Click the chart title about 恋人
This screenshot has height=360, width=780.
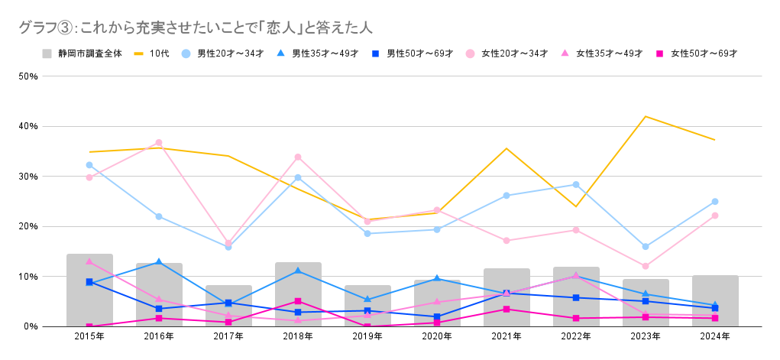point(196,28)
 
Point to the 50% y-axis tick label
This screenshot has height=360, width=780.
point(28,76)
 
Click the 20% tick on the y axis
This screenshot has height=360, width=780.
point(28,226)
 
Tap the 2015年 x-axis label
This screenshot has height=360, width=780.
point(89,336)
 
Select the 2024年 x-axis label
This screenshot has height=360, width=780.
point(715,336)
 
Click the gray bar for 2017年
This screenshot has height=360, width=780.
point(228,306)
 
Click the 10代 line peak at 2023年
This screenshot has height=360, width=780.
point(646,116)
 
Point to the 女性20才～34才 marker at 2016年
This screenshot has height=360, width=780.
point(159,143)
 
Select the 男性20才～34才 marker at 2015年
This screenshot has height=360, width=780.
point(89,165)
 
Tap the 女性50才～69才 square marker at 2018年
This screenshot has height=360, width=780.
point(298,301)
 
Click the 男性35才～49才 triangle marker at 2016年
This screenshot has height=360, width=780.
point(159,262)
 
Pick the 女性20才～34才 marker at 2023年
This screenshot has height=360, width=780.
point(646,266)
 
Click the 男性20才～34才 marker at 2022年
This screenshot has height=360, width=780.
point(576,184)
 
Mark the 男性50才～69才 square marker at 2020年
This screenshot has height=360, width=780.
point(437,316)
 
